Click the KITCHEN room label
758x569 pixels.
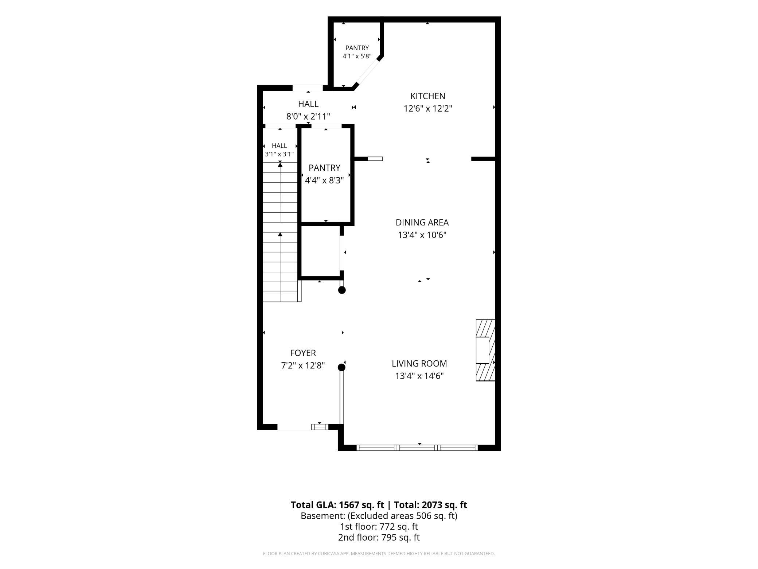tap(428, 96)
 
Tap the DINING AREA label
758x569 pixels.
tap(422, 222)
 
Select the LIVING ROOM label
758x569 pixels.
tap(419, 364)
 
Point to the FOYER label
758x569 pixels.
tap(303, 353)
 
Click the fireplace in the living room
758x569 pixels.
tap(485, 351)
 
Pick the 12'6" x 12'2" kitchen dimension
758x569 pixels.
tap(428, 109)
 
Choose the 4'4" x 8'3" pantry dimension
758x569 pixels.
tap(324, 181)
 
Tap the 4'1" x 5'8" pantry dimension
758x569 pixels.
tap(357, 56)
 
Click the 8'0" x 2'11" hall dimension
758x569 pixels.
tap(308, 117)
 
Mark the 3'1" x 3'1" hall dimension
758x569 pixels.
tap(280, 154)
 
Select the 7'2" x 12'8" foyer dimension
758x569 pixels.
tap(303, 365)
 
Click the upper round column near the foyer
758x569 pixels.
tap(342, 290)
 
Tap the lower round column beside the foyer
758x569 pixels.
tap(341, 367)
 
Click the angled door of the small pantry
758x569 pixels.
tap(367, 72)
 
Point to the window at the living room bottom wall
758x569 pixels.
tap(417, 448)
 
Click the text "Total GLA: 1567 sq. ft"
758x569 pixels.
tap(337, 505)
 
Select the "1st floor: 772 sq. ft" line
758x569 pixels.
tap(379, 527)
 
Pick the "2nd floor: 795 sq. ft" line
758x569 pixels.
tap(379, 537)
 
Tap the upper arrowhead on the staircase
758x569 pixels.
tap(280, 164)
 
